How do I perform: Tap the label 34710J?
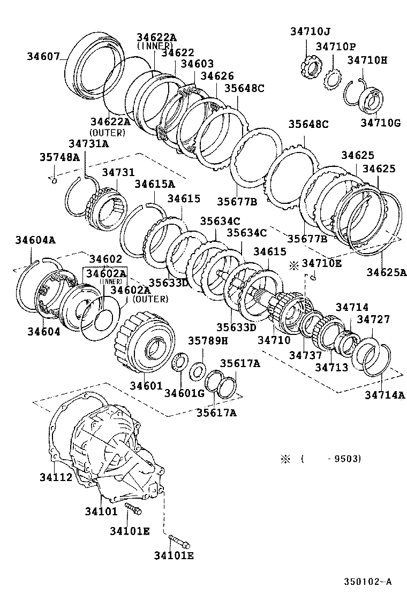pos(311,32)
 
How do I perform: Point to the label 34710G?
pos(380,123)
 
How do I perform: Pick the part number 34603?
pos(197,64)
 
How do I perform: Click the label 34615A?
pos(154,184)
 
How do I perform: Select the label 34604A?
pos(35,240)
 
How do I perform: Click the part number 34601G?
pos(184,394)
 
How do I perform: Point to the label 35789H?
pos(208,340)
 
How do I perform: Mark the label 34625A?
pos(386,272)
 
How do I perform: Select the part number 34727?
pos(373,319)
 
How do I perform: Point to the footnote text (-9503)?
pos(330,459)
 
